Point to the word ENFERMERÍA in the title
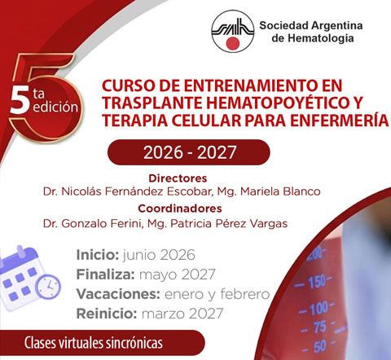342,121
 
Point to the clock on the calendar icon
48,286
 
